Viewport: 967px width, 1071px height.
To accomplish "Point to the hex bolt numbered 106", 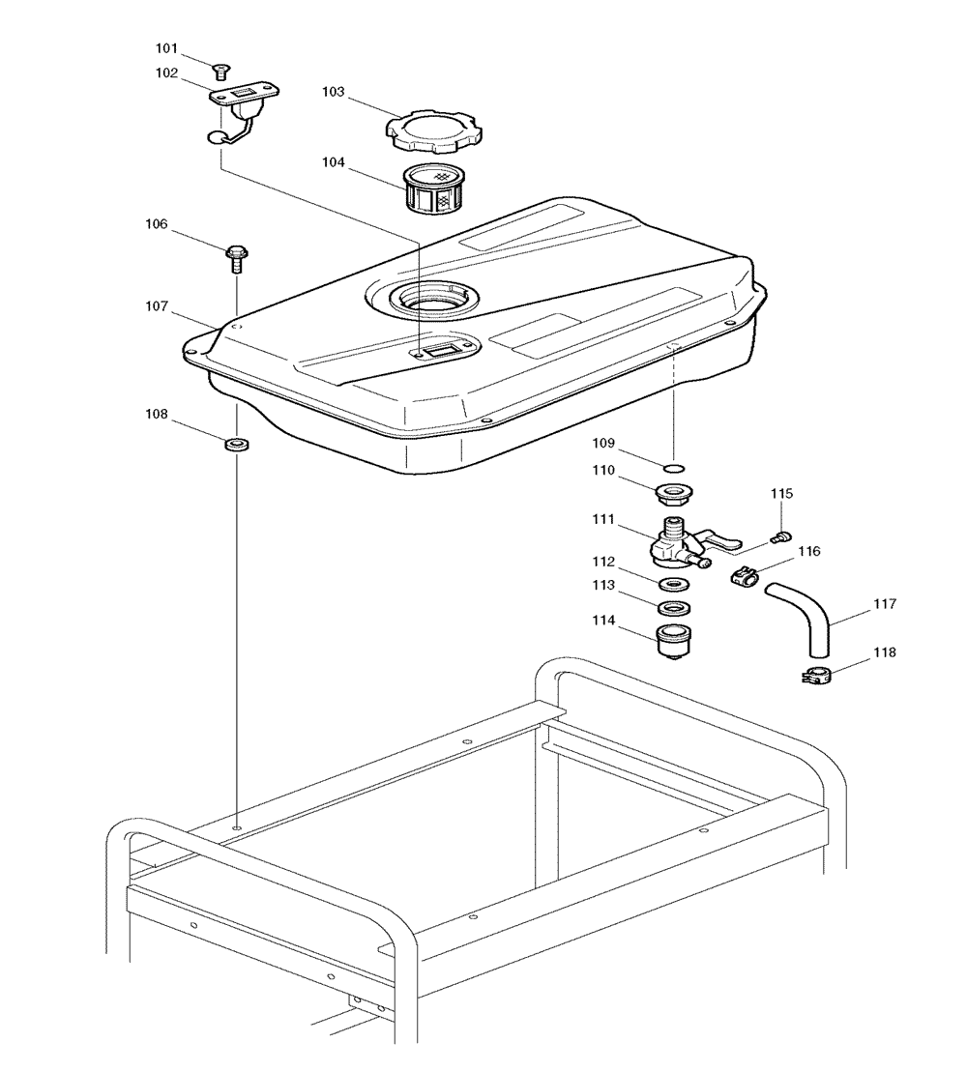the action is [x=236, y=258].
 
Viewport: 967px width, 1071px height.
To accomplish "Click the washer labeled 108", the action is [x=237, y=445].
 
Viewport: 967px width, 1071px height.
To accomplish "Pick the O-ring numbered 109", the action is [x=674, y=468].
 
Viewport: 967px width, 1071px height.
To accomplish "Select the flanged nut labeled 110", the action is [x=675, y=494].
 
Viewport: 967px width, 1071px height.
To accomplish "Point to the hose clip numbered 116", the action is [x=744, y=576].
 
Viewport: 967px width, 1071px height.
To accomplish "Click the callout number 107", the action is [x=157, y=306].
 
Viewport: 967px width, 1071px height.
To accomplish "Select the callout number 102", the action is [x=166, y=73].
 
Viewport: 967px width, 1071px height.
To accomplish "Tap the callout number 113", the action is [x=603, y=586].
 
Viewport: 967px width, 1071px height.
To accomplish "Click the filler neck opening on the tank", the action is [x=433, y=299].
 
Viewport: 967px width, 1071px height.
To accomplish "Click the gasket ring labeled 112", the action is [x=674, y=584].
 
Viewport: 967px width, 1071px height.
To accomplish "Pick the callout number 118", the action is [x=884, y=652].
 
